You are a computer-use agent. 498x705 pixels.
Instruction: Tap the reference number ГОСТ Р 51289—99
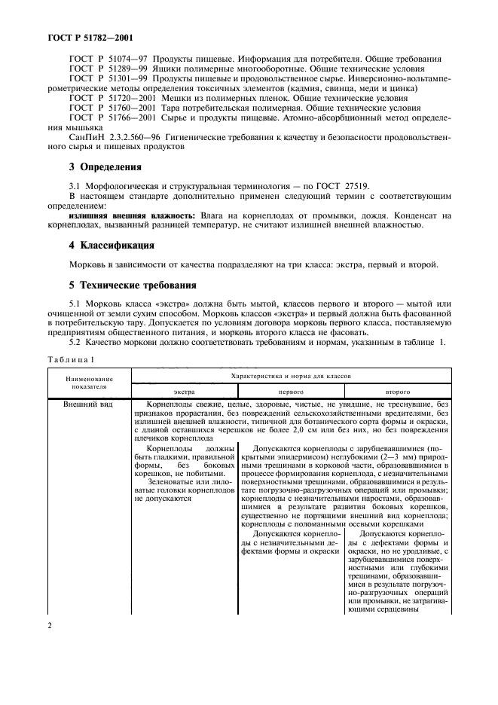[x=110, y=69]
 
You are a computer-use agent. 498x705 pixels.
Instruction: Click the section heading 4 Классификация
[x=112, y=245]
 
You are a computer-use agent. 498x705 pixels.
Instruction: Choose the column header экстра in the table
[x=184, y=392]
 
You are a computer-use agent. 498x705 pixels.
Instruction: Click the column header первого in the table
[x=291, y=392]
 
